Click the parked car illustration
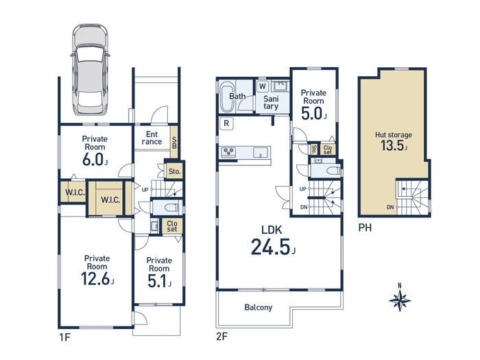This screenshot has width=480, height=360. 91,69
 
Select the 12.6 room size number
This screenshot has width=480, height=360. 95,279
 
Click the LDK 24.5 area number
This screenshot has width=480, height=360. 271,247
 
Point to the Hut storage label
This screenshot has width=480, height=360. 394,134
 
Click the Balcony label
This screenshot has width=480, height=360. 259,307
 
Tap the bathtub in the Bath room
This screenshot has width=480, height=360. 226,97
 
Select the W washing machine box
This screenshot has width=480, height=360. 263,86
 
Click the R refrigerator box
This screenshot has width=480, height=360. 226,123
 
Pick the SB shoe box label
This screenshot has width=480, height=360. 174,143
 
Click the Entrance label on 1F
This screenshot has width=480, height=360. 152,138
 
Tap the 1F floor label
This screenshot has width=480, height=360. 64,337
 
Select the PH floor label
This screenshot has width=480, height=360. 365,228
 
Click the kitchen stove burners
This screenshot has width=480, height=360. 229,151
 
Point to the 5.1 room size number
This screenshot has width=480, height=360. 158,281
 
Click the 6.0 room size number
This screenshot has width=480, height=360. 93,159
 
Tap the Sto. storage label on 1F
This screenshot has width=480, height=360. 174,171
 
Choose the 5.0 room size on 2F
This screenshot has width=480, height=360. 311,113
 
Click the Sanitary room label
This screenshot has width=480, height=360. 271,103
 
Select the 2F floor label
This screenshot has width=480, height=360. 222,337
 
